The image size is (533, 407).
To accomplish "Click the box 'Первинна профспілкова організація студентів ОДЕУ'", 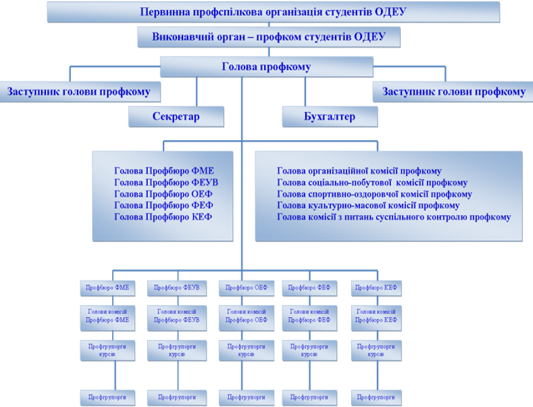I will pos(273,11).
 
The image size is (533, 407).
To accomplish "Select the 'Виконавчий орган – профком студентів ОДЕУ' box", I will pos(268,37).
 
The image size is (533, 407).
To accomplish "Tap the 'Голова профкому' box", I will pos(266,67).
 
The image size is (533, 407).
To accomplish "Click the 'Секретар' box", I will pos(176,116).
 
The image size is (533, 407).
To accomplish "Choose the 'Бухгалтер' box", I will pos(329,116).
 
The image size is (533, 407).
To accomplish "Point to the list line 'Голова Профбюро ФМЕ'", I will pos(163,171).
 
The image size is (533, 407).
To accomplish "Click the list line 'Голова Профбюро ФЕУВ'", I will pos(165,183).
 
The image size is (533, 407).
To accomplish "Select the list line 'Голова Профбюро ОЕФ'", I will pos(163,194).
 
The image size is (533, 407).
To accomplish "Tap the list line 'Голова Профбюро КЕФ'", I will pos(163,217).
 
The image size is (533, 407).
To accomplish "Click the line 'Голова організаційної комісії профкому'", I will pos(359,171).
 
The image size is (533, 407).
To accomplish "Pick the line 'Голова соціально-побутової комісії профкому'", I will pos(372,183).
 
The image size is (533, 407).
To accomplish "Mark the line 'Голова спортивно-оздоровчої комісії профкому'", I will pos(374,194).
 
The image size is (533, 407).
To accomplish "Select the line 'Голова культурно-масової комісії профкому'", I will pos(368,206).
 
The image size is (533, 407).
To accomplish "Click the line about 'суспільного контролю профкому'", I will pos(393,217).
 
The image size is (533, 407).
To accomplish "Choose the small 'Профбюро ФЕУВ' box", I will pos(177,288).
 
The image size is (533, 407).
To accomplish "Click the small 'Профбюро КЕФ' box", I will pos(376,288).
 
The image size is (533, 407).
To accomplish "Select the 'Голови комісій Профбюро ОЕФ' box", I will pos(246,315).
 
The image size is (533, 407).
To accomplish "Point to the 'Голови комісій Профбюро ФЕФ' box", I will pos(309,315).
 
